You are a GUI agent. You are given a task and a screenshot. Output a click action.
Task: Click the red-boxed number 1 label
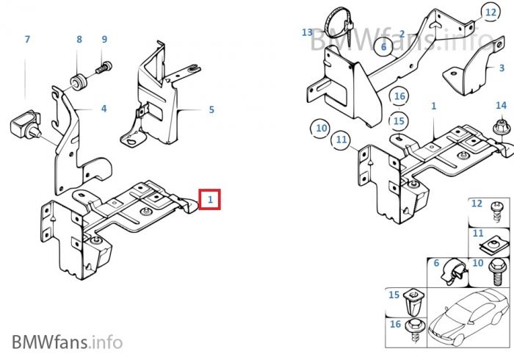(x=210, y=198)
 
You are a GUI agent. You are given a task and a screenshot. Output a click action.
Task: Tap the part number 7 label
(x=27, y=39)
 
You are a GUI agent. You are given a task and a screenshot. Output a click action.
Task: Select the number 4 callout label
(x=104, y=108)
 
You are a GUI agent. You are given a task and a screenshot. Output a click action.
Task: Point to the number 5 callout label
(x=211, y=110)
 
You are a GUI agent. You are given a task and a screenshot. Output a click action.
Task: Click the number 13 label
(x=307, y=32)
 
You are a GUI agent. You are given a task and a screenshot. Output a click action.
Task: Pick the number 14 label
(x=501, y=105)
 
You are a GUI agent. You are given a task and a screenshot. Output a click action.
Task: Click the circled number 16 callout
(x=399, y=96)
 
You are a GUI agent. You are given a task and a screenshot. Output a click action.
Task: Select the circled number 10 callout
(x=321, y=129)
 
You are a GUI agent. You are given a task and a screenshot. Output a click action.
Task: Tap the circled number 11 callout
(x=341, y=139)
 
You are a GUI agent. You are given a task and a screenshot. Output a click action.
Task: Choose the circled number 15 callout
(x=398, y=120)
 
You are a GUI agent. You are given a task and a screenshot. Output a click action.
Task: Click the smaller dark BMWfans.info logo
(x=67, y=342)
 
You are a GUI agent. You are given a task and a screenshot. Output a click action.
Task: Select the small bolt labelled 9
(x=103, y=68)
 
